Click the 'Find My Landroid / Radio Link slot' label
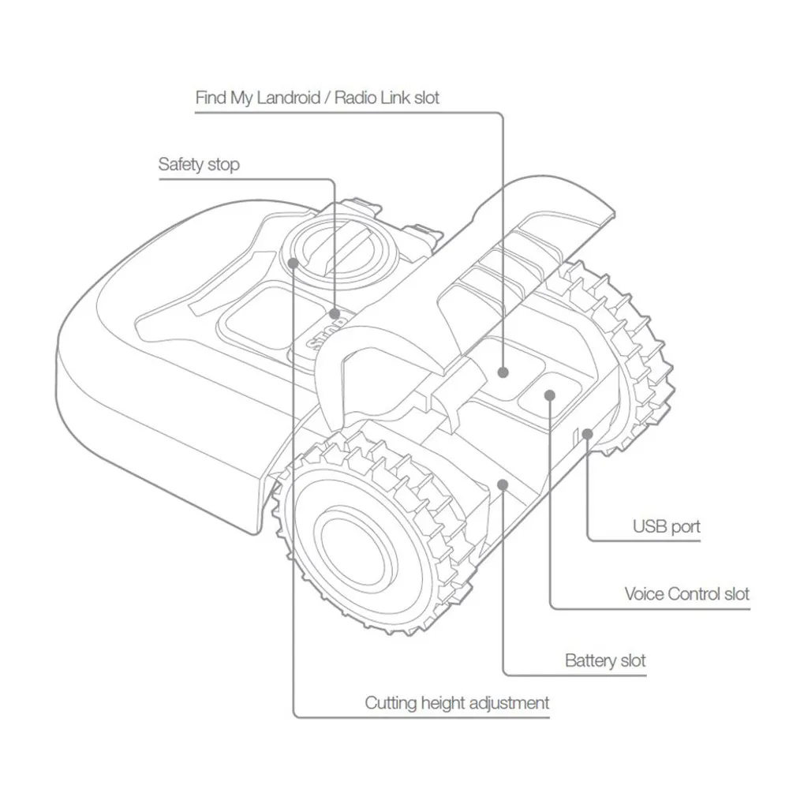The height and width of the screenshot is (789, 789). click(317, 99)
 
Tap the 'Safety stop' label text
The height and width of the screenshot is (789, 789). click(199, 165)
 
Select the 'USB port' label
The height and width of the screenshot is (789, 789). click(666, 526)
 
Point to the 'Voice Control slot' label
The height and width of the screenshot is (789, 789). click(686, 593)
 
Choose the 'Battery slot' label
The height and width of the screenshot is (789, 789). click(605, 660)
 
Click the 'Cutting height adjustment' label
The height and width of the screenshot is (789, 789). click(457, 702)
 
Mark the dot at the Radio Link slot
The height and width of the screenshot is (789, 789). click(503, 370)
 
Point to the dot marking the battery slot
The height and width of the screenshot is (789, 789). click(503, 482)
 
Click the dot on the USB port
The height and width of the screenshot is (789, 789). click(586, 432)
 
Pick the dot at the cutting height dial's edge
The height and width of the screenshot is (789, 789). click(294, 263)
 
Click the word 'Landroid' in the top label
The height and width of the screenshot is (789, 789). click(288, 99)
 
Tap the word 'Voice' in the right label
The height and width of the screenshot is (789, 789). click(644, 593)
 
